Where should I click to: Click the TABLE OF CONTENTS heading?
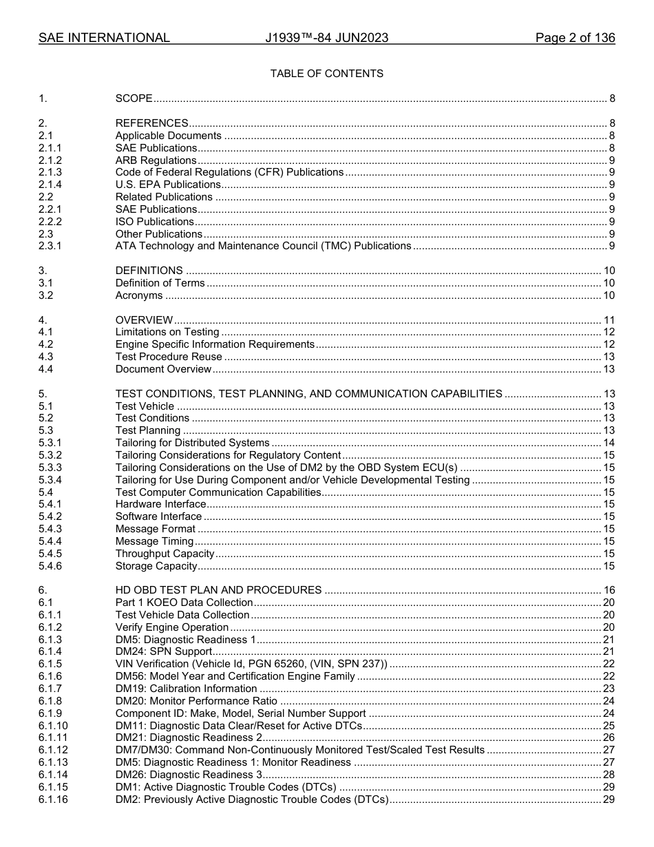[326, 74]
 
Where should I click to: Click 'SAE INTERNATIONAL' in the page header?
[104, 38]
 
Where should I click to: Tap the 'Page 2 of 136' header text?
[575, 38]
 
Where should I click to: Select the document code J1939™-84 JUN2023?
[326, 38]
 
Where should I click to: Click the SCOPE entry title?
[134, 99]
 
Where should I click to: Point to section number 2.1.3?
[50, 172]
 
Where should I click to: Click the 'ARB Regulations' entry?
[156, 160]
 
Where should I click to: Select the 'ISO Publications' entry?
[154, 222]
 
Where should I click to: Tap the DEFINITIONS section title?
[149, 271]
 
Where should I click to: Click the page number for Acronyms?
[609, 295]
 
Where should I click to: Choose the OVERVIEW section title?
[144, 320]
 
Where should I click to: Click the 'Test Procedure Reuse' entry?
[169, 357]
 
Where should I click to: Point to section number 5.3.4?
[50, 480]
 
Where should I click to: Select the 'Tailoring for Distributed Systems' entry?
[192, 443]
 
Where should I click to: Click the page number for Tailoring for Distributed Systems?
[609, 443]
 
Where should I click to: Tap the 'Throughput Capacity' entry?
[165, 554]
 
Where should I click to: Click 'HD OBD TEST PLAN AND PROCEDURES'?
[218, 590]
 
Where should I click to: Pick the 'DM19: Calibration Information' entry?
[186, 689]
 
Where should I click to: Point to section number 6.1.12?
[53, 750]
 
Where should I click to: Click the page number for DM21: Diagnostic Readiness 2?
[609, 738]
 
